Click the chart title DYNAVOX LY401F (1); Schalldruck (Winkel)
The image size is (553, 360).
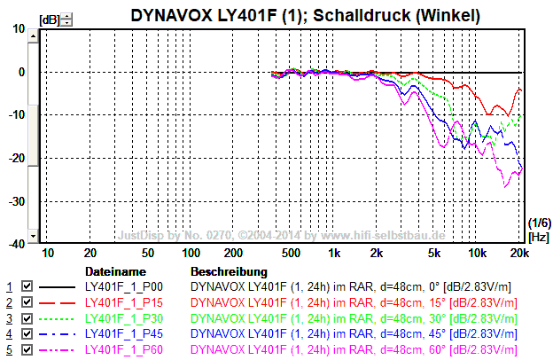[306, 15]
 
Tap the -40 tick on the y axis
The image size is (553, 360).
[16, 243]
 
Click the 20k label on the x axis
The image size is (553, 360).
[519, 253]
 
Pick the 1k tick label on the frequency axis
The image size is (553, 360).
[334, 253]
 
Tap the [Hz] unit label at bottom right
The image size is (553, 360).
[538, 237]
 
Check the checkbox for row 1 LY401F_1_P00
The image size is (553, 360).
[27, 287]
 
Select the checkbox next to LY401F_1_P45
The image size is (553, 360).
[27, 334]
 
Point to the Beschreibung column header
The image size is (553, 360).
[229, 270]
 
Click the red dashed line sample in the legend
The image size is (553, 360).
[58, 303]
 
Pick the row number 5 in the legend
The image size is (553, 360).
[10, 350]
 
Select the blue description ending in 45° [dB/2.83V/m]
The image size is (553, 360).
[354, 334]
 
